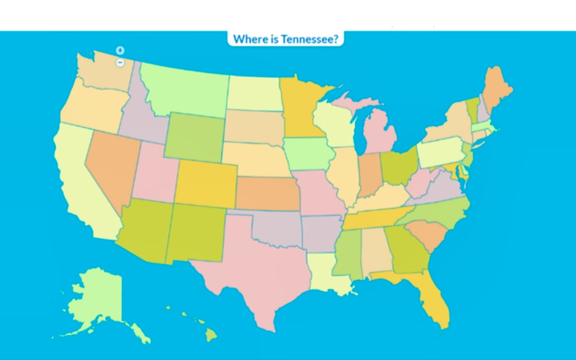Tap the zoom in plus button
click(x=120, y=50)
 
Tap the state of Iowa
click(x=307, y=153)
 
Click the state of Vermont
click(x=472, y=108)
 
